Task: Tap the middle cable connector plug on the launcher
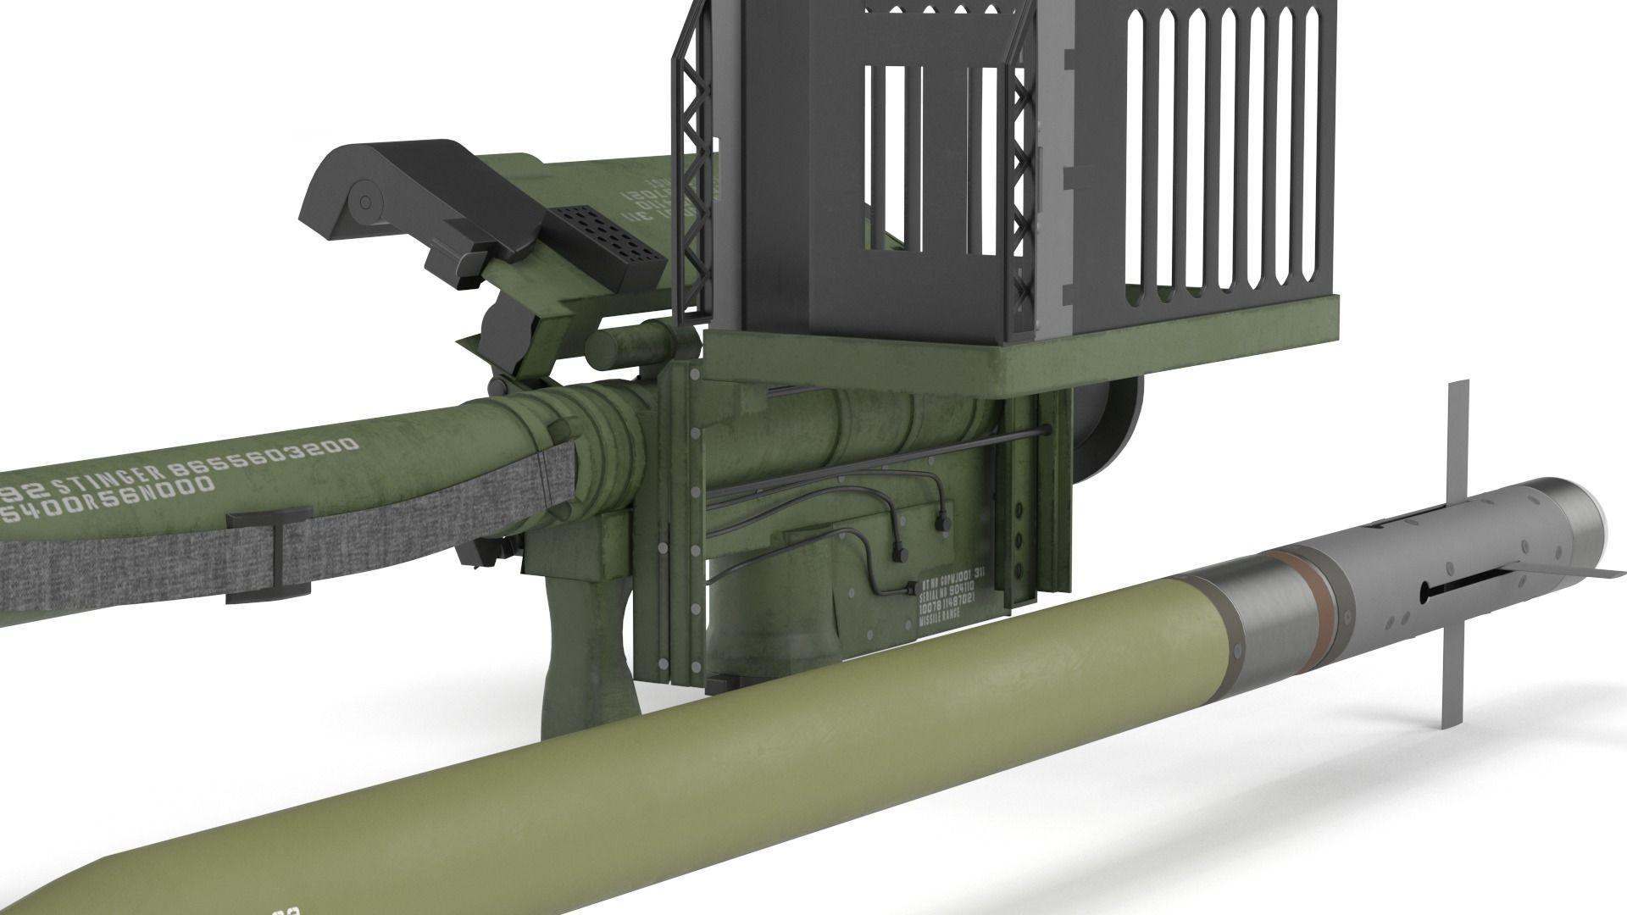pyautogui.click(x=901, y=554)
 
